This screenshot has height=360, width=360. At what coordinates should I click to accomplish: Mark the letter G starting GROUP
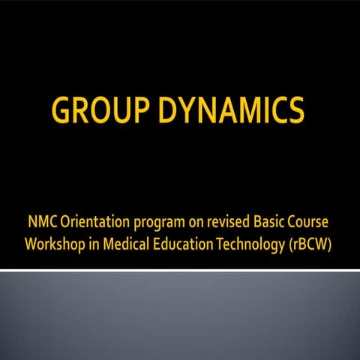point(62,112)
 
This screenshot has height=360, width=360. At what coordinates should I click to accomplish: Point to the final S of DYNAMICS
point(295,112)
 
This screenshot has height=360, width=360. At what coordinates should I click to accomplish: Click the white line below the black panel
point(180,269)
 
